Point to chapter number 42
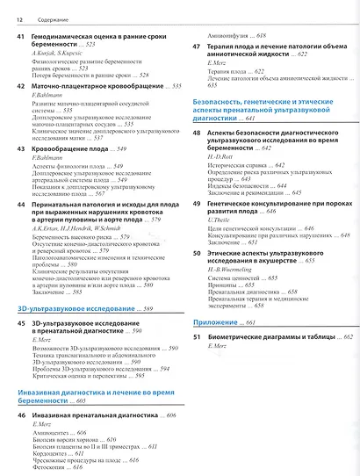coord(20,112)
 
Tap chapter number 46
coord(20,413)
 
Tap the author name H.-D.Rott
coord(221,159)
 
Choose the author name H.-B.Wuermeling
coord(230,296)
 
